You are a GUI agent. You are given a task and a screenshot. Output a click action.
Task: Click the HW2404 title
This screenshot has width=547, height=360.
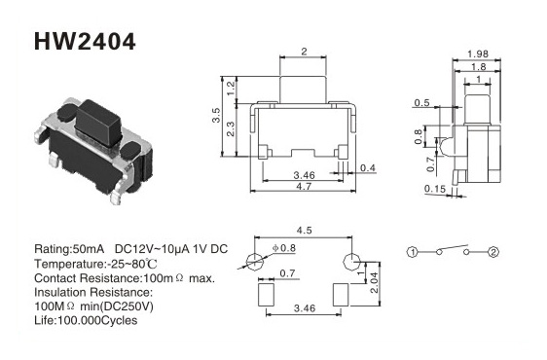[x=85, y=42]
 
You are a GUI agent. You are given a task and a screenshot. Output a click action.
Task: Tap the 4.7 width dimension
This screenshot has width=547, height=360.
[x=304, y=186]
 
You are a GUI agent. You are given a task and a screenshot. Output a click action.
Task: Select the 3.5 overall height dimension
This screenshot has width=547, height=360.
[x=216, y=116]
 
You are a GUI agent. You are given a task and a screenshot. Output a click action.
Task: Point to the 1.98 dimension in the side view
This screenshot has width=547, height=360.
[x=478, y=54]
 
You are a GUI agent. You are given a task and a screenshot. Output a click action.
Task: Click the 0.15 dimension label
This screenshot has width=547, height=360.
[x=435, y=189]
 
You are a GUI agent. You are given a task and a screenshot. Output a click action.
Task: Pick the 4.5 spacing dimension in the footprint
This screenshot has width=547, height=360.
[x=304, y=231]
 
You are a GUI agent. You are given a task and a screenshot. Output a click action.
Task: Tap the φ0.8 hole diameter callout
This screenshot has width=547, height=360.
[x=284, y=248]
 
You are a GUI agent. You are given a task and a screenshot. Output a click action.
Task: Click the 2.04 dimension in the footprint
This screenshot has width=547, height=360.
[x=374, y=282]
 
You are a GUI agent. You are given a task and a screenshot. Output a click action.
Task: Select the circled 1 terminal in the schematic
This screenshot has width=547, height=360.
[x=413, y=252]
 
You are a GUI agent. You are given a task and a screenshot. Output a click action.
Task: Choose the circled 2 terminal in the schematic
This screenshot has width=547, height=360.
[x=493, y=252]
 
